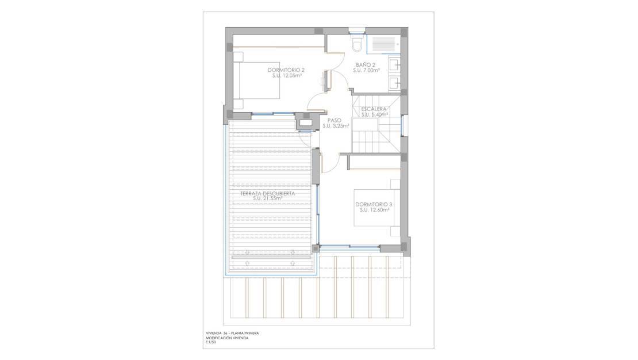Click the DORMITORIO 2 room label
pos(286,70)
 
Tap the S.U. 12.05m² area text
pos(286,75)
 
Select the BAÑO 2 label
pos(366,65)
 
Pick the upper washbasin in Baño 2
pos(394,65)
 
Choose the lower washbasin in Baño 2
pos(394,83)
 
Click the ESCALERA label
pos(374,109)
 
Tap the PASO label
pos(335,121)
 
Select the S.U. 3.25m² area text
pos(336,127)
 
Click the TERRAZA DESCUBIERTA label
pos(267,193)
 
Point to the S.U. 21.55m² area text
pos(267,199)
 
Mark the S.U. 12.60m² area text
pos(375,210)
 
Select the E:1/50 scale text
pos(211,343)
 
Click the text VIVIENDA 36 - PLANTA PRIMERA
pos(232,333)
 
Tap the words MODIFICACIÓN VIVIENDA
pos(226,338)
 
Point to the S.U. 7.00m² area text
pos(366,71)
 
